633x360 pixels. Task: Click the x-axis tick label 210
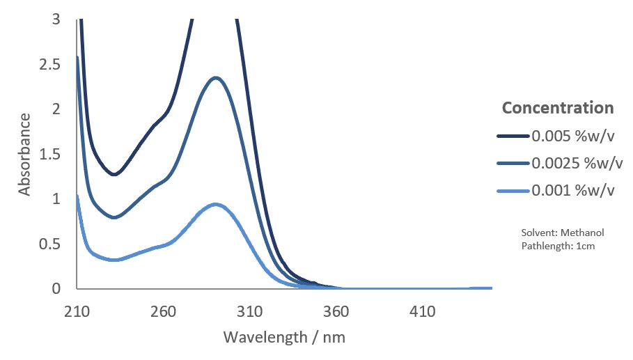[x=77, y=311]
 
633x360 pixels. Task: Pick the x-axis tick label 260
[x=163, y=311]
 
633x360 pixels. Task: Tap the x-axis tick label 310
[x=249, y=311]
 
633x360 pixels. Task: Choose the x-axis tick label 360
[x=336, y=311]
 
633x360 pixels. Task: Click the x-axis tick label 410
[x=423, y=311]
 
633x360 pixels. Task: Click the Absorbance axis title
[x=25, y=154]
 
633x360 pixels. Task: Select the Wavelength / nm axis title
[x=284, y=338]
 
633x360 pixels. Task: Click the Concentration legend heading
[x=558, y=108]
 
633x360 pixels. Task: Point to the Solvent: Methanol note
[x=553, y=233]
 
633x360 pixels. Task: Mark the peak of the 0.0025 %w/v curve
[x=216, y=77]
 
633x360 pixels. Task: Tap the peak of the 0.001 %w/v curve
[x=216, y=204]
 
